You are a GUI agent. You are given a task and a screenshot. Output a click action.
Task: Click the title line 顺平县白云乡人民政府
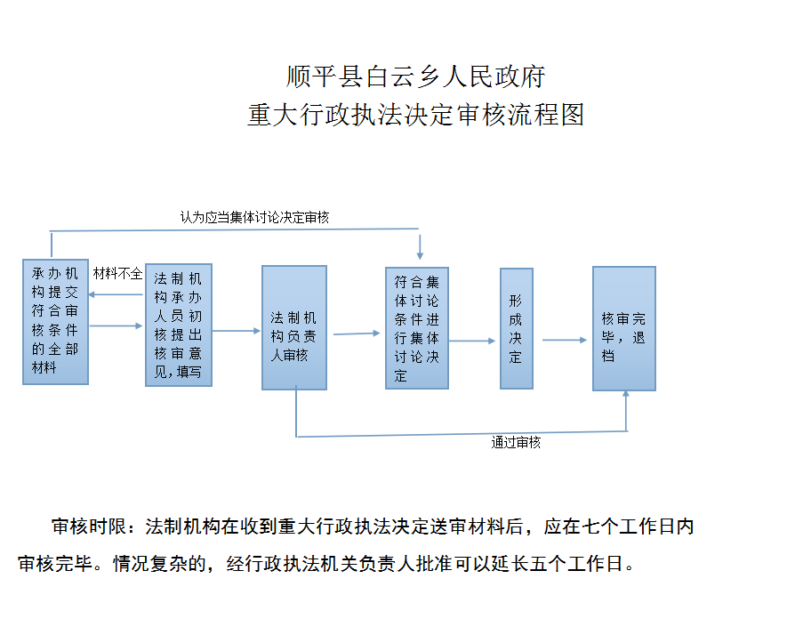point(416,76)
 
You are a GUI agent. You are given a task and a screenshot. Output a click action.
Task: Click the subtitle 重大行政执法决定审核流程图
point(416,115)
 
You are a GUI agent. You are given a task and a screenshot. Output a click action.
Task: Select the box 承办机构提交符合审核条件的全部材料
point(56,322)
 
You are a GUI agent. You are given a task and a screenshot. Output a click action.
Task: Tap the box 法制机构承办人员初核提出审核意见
point(179,325)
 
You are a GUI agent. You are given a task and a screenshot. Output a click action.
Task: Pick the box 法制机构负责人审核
point(294,327)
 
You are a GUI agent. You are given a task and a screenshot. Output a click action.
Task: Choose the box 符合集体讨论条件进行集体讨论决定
point(417,328)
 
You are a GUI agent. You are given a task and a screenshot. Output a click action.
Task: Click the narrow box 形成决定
point(517,328)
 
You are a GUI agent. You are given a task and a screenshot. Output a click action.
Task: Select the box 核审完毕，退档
point(624,328)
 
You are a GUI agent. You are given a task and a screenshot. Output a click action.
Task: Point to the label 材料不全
point(117,274)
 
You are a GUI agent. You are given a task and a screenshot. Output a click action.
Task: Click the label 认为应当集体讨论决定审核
point(254,218)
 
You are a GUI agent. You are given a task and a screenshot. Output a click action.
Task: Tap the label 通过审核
point(516,443)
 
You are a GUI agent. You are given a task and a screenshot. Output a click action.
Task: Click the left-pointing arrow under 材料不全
point(116,294)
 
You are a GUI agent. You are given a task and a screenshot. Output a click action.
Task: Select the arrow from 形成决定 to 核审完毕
point(565,340)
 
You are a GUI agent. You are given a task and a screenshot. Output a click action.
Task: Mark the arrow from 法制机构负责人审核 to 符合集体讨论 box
point(357,334)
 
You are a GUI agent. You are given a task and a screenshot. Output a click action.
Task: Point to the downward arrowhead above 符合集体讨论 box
point(420,256)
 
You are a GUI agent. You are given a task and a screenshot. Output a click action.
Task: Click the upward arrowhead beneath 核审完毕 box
point(626,393)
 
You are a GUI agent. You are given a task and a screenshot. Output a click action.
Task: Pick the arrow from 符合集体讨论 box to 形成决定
point(472,341)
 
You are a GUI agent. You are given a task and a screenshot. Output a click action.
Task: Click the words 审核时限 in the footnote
point(89,527)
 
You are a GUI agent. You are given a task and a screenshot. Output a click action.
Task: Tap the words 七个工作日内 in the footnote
point(638,527)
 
